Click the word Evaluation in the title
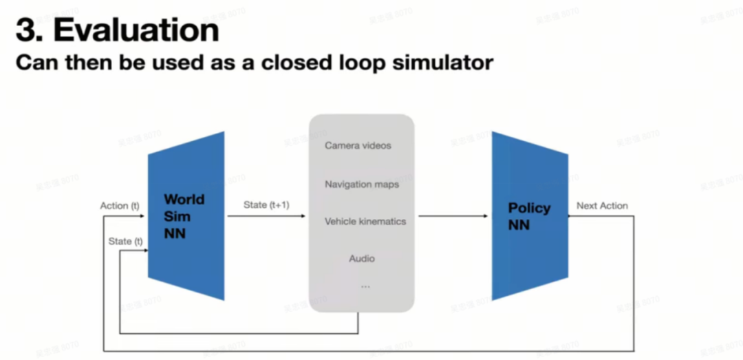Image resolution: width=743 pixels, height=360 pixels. tap(137, 30)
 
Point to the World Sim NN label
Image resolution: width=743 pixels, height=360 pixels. tap(184, 216)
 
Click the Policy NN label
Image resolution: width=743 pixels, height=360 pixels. tap(528, 216)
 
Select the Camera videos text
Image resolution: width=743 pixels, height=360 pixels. tap(358, 146)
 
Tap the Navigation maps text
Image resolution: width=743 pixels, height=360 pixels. tap(362, 184)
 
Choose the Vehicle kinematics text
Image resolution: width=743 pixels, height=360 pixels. tap(365, 222)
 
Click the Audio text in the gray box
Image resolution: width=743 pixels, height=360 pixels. tap(362, 259)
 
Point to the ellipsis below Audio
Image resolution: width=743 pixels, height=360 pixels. tap(365, 286)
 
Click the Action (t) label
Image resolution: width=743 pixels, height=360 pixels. tap(120, 206)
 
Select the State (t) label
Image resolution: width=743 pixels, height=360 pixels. tap(125, 241)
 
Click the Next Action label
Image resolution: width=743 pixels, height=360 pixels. tap(602, 206)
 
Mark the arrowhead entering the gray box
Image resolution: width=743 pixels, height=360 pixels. tap(303, 216)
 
